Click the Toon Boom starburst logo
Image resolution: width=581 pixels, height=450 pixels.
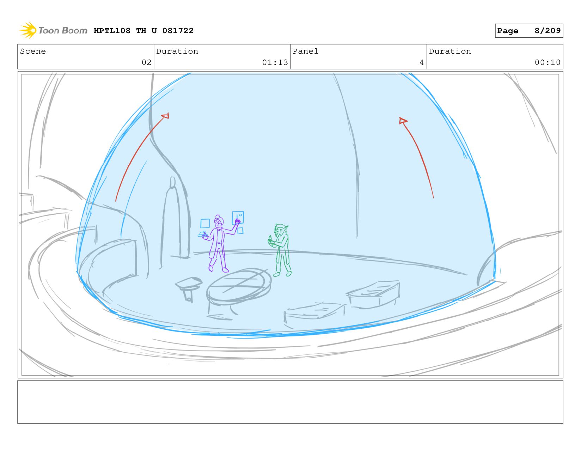pos(27,30)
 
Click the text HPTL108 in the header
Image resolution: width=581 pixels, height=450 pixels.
pos(112,31)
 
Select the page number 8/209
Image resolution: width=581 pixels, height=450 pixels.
pos(548,31)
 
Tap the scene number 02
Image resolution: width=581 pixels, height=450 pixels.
pos(147,62)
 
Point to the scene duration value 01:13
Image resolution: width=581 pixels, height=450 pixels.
pos(275,62)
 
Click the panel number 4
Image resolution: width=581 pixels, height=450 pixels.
pos(422,62)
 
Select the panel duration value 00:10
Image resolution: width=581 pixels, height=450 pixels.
pos(548,62)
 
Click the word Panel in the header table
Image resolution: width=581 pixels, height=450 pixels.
pos(305,51)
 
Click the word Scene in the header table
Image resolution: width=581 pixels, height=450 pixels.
pos(33,51)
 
